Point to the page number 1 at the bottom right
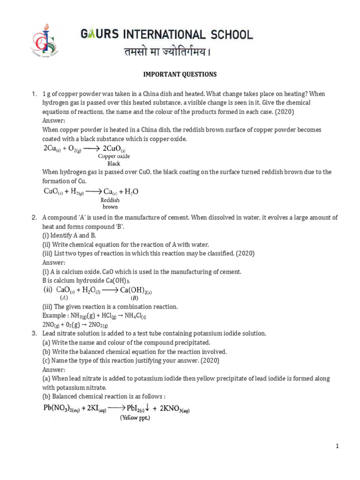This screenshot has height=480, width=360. (337, 446)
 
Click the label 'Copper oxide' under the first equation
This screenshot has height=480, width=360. (114, 156)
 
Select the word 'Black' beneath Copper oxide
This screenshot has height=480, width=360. (114, 164)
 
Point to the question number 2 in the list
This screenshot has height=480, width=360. (34, 217)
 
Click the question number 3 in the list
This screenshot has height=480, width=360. (34, 333)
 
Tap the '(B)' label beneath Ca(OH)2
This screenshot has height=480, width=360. (135, 298)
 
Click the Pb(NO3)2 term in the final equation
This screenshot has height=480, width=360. (61, 408)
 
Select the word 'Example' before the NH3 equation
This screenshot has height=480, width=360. (53, 315)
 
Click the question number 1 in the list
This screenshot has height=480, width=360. (34, 94)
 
